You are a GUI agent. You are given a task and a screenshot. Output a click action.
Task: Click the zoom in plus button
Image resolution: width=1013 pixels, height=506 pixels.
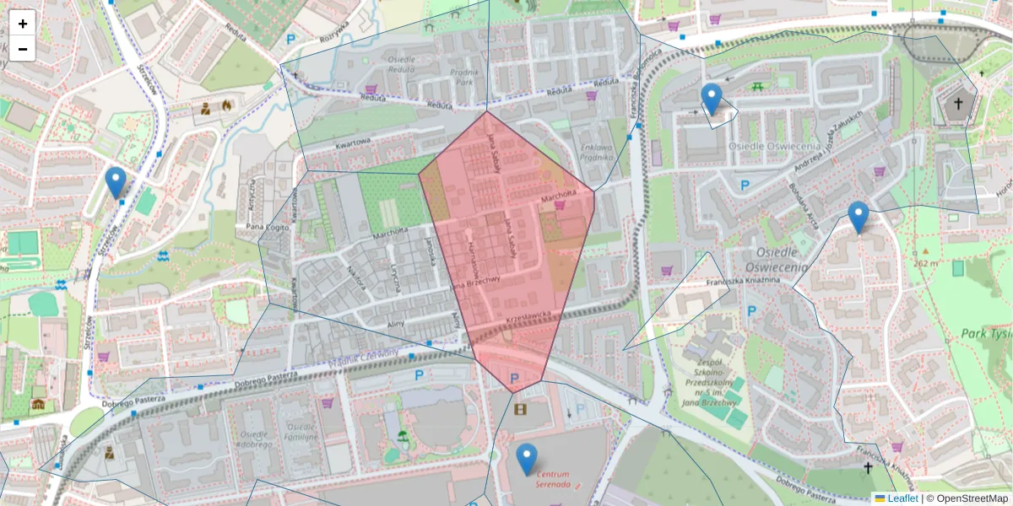point(23,24)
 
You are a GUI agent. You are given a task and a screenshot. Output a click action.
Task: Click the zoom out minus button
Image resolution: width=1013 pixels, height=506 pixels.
point(23,49)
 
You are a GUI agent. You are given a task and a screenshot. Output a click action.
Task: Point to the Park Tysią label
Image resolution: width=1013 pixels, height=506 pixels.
point(985,334)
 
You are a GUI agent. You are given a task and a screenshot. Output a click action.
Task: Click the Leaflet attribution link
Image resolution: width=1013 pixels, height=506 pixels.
point(902,498)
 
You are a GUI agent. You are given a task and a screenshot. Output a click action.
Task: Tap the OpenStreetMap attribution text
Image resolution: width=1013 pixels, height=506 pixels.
point(967,498)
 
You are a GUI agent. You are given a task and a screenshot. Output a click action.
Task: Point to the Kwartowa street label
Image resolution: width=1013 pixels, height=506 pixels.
point(353,144)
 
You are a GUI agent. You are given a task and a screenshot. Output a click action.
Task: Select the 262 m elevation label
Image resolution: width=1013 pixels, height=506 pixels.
point(925,263)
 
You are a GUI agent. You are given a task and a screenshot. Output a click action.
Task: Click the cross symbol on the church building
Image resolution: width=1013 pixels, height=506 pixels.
point(957,105)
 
